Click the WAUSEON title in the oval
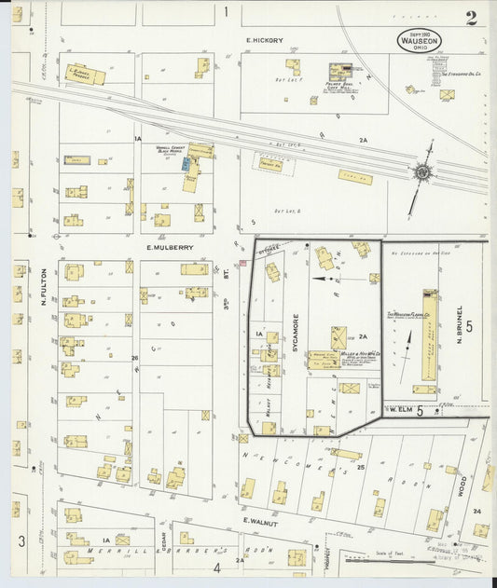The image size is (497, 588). click(x=419, y=41)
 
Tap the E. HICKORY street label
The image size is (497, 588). click(x=264, y=40)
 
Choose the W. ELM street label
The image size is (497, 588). click(x=402, y=410)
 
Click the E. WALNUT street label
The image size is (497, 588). click(x=261, y=520)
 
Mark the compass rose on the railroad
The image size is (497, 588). click(x=422, y=171)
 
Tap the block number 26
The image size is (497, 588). click(x=135, y=357)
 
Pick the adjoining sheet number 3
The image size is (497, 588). click(x=21, y=540)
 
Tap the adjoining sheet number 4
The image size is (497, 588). click(x=217, y=566)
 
